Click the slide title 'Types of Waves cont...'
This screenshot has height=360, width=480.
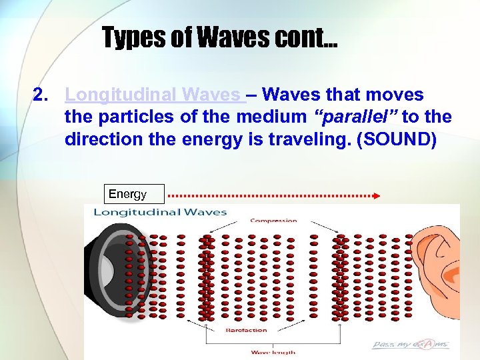pyautogui.click(x=220, y=37)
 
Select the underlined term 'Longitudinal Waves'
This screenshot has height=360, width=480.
pyautogui.click(x=155, y=95)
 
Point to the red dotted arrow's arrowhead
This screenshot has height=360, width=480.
pyautogui.click(x=377, y=196)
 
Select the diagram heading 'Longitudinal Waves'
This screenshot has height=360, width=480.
pyautogui.click(x=160, y=213)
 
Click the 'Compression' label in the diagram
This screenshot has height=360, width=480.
pyautogui.click(x=273, y=221)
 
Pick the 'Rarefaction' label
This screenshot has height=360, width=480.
pyautogui.click(x=246, y=330)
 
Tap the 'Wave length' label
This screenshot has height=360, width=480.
pyautogui.click(x=273, y=352)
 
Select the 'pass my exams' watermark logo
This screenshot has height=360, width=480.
pyautogui.click(x=411, y=345)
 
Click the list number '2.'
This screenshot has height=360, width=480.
pyautogui.click(x=42, y=95)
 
